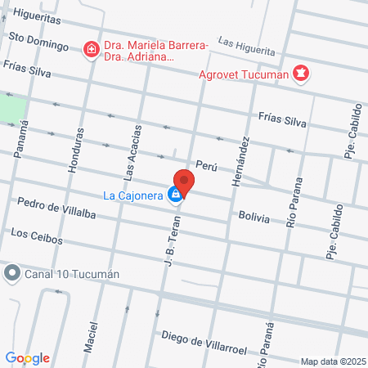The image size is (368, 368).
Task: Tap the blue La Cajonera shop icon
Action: click(174, 194)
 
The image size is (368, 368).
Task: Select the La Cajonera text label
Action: click(133, 195)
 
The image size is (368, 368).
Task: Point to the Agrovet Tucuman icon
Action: click(302, 74)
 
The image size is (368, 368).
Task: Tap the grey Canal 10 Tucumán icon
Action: click(11, 272)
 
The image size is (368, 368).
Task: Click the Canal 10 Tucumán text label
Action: click(72, 273)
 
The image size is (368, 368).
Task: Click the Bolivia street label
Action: click(254, 216)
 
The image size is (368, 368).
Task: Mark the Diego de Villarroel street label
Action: click(204, 336)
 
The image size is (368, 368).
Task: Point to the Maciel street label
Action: click(89, 336)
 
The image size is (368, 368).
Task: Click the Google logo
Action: click(27, 357)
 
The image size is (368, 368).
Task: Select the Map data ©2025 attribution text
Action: click(331, 361)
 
